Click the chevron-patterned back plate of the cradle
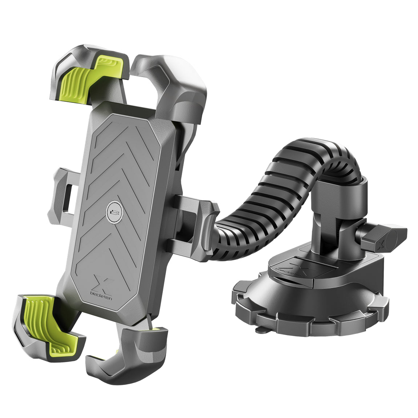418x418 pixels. (120, 174)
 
